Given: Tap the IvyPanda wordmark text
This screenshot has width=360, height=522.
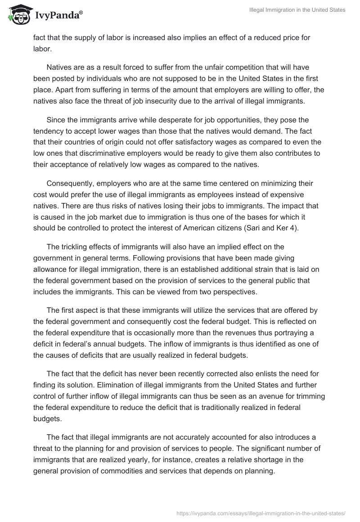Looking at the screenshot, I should [x=58, y=15].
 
